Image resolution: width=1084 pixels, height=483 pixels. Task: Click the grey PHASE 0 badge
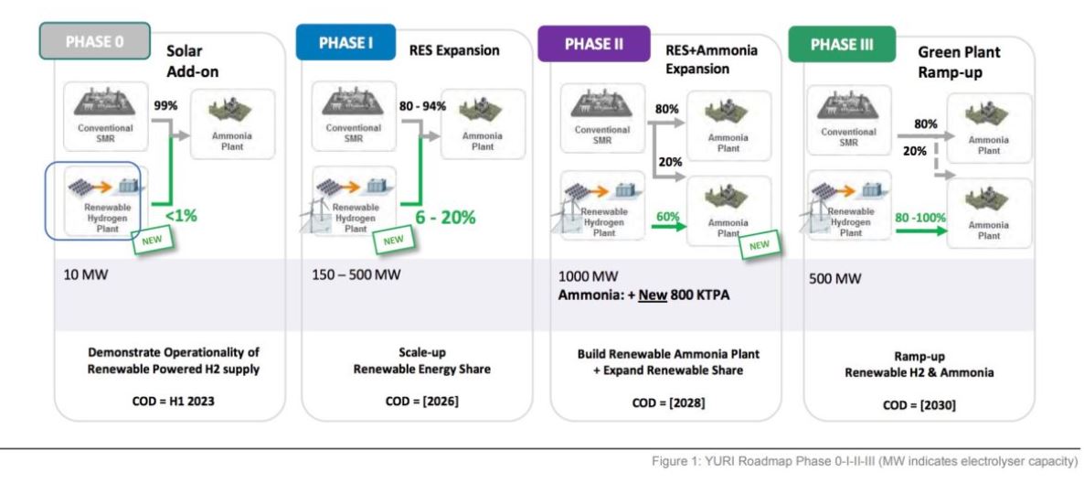94,42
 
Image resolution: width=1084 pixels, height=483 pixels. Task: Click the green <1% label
181,216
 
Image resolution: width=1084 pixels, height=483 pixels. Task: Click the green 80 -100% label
920,218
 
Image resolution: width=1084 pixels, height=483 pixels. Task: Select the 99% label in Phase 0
165,105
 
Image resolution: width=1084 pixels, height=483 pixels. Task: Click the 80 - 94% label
423,105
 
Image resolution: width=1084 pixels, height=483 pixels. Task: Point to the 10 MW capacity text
84,274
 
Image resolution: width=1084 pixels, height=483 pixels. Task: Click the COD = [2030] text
919,404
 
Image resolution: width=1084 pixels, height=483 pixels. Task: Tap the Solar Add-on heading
191,62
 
